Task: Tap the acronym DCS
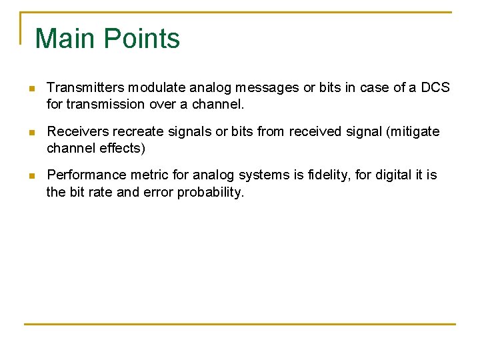coord(435,87)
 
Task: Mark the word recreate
coord(136,131)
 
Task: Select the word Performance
coord(86,175)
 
